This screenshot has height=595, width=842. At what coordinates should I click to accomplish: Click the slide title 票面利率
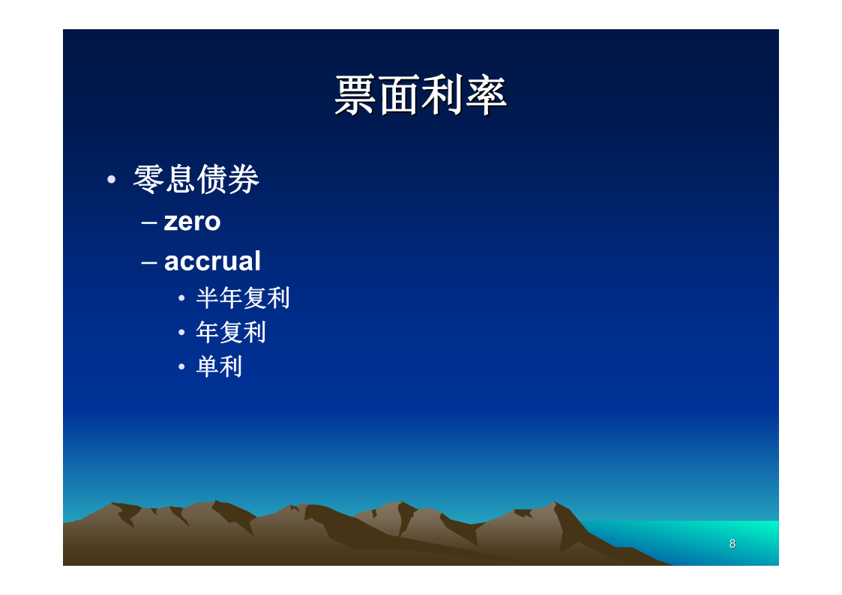(x=421, y=95)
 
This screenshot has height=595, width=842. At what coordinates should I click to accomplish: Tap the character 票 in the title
(x=355, y=95)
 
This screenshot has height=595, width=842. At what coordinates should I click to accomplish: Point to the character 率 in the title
(x=486, y=95)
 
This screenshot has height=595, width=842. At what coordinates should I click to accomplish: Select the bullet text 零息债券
(x=196, y=179)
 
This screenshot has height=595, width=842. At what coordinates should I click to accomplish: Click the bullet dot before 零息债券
(x=111, y=179)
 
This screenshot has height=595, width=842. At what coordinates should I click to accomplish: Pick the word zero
(x=192, y=222)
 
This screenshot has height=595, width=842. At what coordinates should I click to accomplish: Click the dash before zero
(x=149, y=223)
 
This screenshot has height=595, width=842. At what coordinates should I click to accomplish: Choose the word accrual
(x=212, y=262)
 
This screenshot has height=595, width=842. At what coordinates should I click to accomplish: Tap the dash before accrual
(x=149, y=263)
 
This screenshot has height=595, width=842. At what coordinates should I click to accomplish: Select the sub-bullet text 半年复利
(x=243, y=298)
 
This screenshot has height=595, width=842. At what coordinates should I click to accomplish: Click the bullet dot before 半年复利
(x=181, y=298)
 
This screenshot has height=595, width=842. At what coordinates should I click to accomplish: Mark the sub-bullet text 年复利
(x=231, y=333)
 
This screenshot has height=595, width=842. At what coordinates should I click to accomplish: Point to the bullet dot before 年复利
(x=181, y=333)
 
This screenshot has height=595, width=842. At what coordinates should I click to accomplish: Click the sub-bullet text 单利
(x=219, y=367)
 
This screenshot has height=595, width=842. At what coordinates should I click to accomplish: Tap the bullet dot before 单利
(x=181, y=367)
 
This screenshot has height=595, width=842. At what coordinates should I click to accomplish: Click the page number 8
(x=733, y=544)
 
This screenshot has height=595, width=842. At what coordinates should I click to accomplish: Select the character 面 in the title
(x=399, y=95)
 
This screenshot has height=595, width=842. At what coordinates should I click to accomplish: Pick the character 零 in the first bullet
(x=148, y=179)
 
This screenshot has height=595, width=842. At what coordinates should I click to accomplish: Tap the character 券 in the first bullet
(x=244, y=179)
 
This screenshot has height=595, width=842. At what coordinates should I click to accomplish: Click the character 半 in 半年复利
(x=207, y=298)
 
